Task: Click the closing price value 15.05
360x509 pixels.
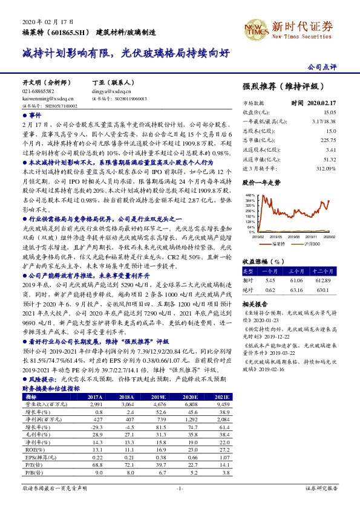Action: click(329, 112)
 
